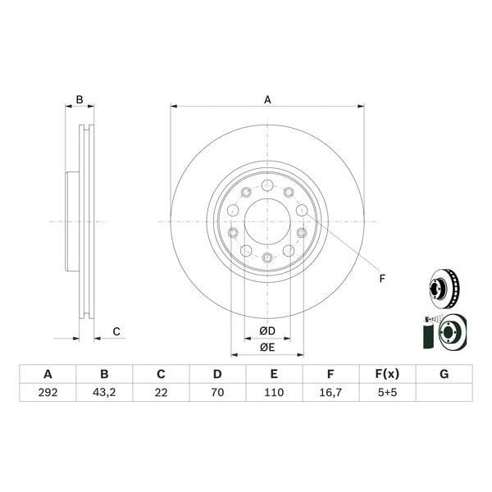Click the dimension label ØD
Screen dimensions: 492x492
tap(267, 331)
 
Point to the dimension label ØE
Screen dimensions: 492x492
tap(267, 347)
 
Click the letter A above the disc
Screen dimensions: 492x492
tap(267, 100)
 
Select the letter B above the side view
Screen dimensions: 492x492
tap(80, 100)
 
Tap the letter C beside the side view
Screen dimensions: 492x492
tap(116, 331)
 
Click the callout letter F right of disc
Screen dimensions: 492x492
tap(382, 279)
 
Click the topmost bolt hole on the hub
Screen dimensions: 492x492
tap(267, 184)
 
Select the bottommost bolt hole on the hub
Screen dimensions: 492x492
tap(267, 258)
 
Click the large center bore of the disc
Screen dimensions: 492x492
tap(267, 221)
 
